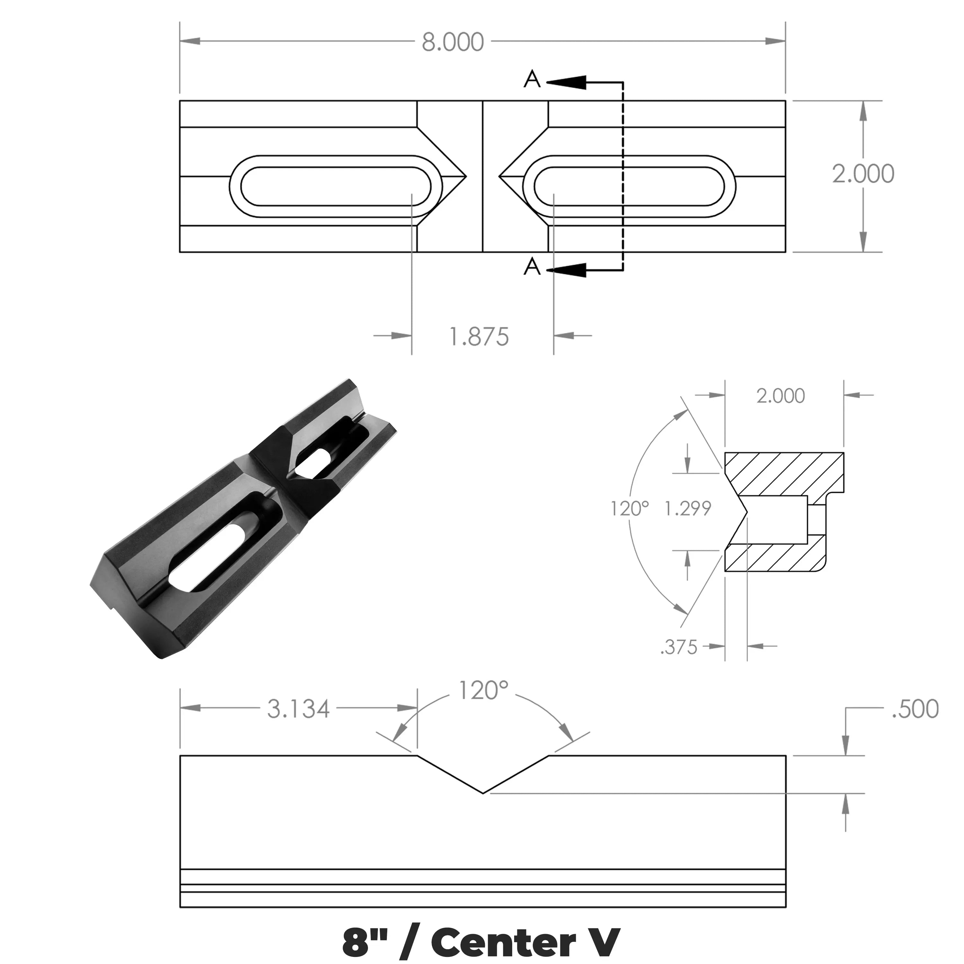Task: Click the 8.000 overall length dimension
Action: pos(452,42)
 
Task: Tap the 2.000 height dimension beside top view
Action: pos(863,174)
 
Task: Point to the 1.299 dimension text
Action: pos(688,508)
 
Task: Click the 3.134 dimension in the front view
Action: pos(299,709)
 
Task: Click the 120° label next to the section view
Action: pos(630,508)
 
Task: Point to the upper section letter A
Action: pos(532,80)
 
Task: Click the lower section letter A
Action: pos(532,267)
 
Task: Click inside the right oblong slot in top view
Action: pos(629,186)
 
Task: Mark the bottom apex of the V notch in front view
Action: pos(483,793)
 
